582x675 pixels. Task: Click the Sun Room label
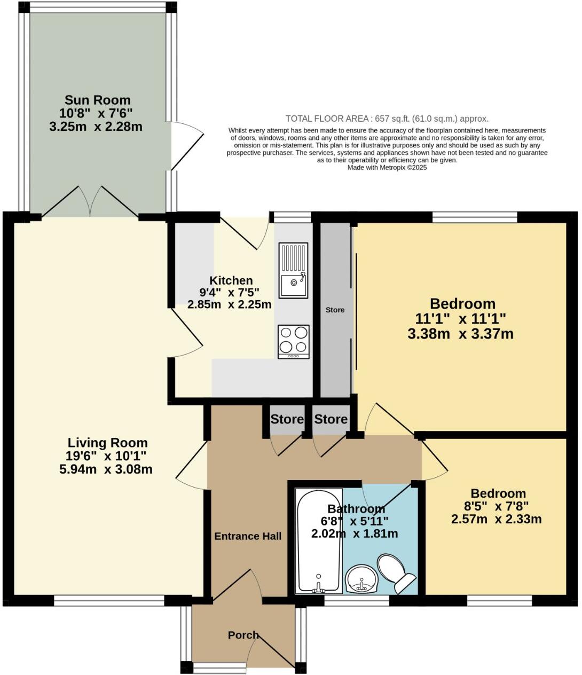[x=97, y=100]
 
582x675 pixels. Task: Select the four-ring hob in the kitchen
[x=293, y=342]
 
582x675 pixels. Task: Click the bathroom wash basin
[x=362, y=579]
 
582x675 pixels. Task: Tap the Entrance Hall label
[x=248, y=536]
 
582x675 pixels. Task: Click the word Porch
[x=243, y=635]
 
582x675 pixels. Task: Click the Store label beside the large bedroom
[x=335, y=310]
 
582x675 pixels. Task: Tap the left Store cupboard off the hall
[x=287, y=420]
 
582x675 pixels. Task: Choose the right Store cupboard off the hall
[x=331, y=420]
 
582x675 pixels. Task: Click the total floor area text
[x=387, y=119]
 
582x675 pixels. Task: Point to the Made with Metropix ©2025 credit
[x=387, y=167]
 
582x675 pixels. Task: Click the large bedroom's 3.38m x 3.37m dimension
[x=460, y=334]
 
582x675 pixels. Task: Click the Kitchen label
[x=231, y=280]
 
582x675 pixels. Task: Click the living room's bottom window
[x=109, y=601]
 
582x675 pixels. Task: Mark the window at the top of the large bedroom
[x=475, y=217]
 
